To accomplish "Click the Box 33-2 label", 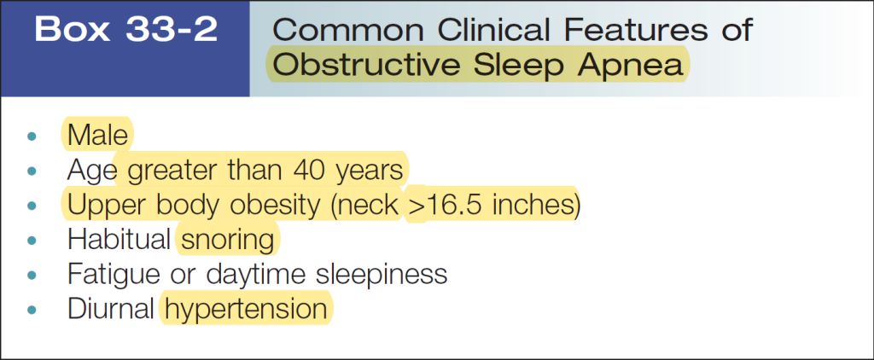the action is click(125, 30).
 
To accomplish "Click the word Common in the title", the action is click(349, 30).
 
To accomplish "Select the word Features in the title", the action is click(634, 30).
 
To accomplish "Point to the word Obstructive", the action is click(367, 65).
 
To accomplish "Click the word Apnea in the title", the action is click(631, 67).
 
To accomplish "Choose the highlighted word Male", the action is click(97, 135).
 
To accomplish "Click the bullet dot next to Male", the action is click(32, 136).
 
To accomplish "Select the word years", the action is click(369, 172).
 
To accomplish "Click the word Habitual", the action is click(119, 240).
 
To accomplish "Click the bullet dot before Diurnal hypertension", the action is click(32, 311).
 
